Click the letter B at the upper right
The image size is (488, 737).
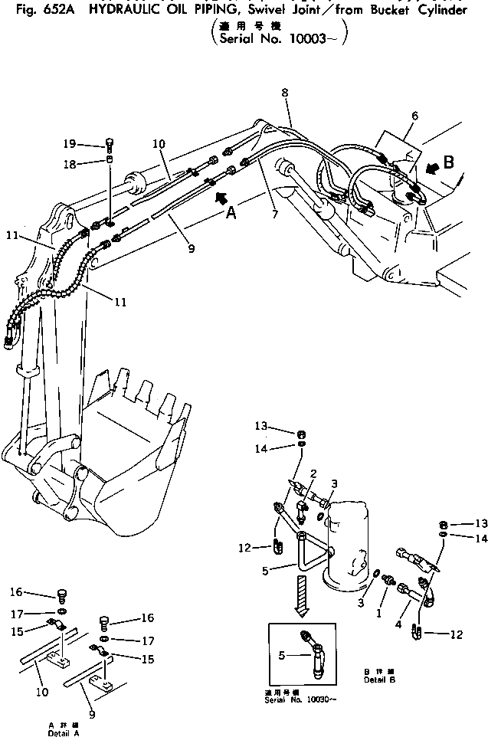[x=448, y=162]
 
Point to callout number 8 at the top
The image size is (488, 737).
[x=285, y=93]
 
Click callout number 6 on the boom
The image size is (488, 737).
[x=414, y=116]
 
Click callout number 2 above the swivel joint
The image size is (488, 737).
[x=313, y=476]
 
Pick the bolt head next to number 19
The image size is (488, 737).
[x=108, y=143]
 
